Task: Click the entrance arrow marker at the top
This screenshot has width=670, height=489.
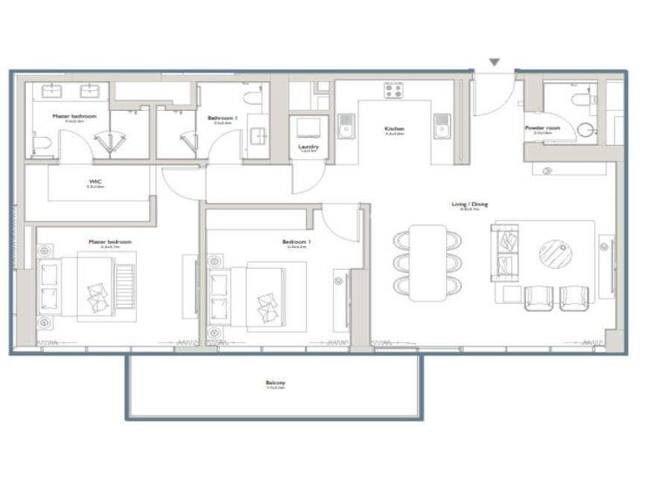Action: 495,63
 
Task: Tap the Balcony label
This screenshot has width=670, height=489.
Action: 276,383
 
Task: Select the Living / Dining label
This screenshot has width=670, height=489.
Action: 469,205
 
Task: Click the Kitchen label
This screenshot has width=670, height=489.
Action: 394,129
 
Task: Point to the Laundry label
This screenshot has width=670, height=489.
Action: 309,147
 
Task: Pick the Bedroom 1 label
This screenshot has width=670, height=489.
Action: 297,243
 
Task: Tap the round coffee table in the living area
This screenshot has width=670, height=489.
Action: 556,254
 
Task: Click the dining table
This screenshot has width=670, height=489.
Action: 428,262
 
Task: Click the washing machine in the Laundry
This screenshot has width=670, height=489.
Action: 309,127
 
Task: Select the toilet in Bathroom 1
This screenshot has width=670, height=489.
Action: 254,97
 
